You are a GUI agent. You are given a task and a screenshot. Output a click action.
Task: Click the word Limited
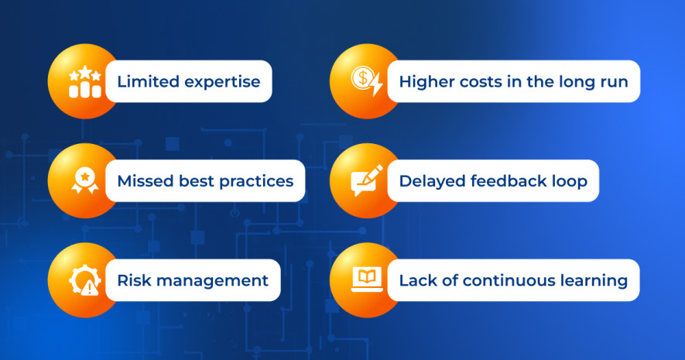tap(148, 82)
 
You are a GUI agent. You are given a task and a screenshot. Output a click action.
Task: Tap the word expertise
tap(222, 83)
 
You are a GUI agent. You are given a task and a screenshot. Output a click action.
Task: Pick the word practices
tap(256, 182)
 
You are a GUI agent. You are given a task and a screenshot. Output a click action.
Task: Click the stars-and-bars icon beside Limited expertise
tap(85, 82)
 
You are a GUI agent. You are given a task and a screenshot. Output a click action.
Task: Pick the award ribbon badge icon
tap(85, 181)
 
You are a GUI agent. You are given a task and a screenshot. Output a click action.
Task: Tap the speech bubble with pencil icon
tap(367, 180)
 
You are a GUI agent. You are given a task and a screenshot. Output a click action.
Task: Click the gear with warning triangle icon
tap(84, 280)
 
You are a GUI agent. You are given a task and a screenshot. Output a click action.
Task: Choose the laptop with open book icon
tap(367, 279)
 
